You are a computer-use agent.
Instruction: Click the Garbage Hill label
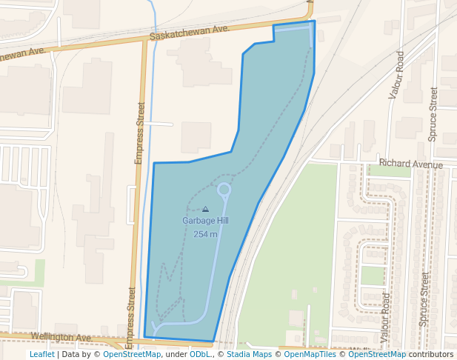[205, 221]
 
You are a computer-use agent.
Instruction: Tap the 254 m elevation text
[205, 234]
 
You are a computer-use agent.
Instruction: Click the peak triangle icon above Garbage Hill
[205, 210]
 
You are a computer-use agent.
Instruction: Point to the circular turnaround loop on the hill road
[224, 190]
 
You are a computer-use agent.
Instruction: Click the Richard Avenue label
[410, 164]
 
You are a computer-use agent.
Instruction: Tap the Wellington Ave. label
[61, 337]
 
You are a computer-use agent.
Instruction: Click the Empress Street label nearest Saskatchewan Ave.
[139, 133]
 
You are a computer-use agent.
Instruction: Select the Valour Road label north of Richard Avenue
[396, 75]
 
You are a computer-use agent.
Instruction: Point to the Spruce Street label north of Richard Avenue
[433, 114]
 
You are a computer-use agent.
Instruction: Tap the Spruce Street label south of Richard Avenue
[424, 299]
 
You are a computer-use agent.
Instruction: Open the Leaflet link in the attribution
[42, 354]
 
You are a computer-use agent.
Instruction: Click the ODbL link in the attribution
[199, 354]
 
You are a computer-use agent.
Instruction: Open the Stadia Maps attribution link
[249, 354]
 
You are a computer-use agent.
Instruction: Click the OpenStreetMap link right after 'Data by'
[132, 354]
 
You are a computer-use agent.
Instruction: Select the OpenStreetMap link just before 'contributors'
[377, 354]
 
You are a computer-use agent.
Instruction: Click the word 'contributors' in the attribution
[431, 354]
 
